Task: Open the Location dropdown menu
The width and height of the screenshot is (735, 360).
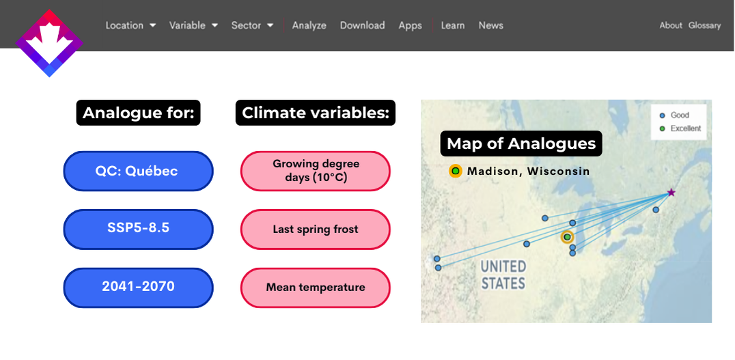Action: pyautogui.click(x=130, y=25)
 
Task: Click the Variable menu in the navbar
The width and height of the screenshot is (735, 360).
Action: pyautogui.click(x=193, y=25)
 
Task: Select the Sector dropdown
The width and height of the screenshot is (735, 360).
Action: pyautogui.click(x=252, y=25)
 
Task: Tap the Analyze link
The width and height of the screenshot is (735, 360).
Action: pyautogui.click(x=309, y=25)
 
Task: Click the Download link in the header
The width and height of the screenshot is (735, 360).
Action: pyautogui.click(x=362, y=25)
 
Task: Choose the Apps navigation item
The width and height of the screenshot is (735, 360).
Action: pyautogui.click(x=410, y=26)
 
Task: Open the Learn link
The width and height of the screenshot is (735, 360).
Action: pyautogui.click(x=453, y=25)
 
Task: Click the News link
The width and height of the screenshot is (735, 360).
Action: pyautogui.click(x=490, y=25)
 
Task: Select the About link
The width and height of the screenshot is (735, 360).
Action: pyautogui.click(x=671, y=25)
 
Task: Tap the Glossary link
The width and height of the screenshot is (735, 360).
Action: pyautogui.click(x=704, y=26)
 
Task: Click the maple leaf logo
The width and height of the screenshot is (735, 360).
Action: pyautogui.click(x=49, y=43)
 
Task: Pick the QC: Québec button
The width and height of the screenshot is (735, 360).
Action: pyautogui.click(x=138, y=171)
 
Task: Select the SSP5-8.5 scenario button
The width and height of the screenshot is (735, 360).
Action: pyautogui.click(x=138, y=230)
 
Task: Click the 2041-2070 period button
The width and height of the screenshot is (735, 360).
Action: pyautogui.click(x=138, y=288)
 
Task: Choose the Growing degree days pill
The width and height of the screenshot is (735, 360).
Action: pyautogui.click(x=316, y=171)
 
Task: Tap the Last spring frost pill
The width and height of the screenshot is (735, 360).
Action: pyautogui.click(x=316, y=230)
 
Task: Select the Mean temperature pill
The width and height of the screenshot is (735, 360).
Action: pyautogui.click(x=316, y=288)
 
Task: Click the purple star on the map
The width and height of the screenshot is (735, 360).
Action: pyautogui.click(x=671, y=192)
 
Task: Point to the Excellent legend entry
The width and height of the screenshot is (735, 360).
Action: pyautogui.click(x=680, y=128)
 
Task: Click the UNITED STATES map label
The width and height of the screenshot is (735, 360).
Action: pyautogui.click(x=503, y=275)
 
